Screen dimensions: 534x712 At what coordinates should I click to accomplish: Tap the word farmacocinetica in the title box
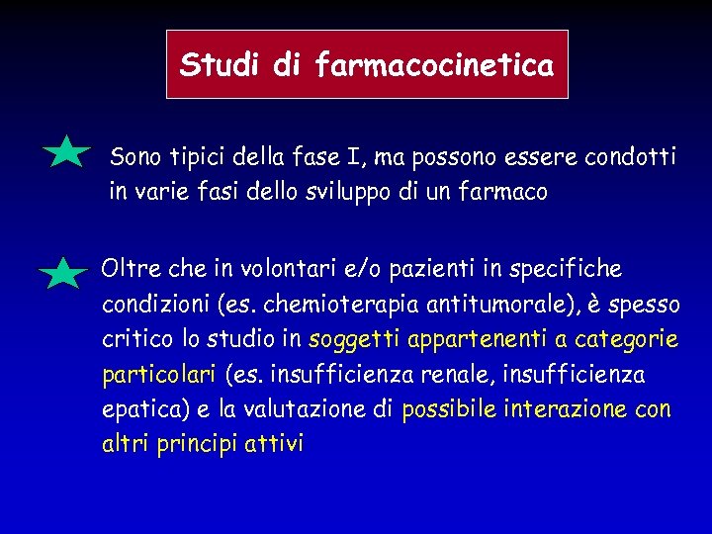click(434, 65)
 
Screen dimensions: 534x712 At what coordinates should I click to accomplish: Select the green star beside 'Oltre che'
click(65, 273)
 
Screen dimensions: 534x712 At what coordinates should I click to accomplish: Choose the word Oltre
click(130, 269)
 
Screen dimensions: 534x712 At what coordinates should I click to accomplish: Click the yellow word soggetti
click(354, 340)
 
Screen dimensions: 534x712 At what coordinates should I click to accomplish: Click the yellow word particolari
click(158, 376)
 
